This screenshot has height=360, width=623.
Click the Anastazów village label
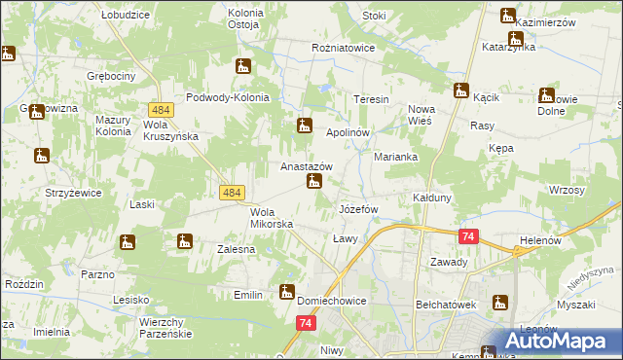pos(307,166)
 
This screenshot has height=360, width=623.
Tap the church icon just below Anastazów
pos(313,181)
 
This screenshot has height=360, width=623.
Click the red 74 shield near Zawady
pos(469,236)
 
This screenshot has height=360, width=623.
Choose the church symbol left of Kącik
pos(461,90)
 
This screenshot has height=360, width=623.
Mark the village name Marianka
pos(396,157)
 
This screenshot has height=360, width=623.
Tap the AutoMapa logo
pos(551,341)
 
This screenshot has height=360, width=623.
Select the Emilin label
pos(249,294)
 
